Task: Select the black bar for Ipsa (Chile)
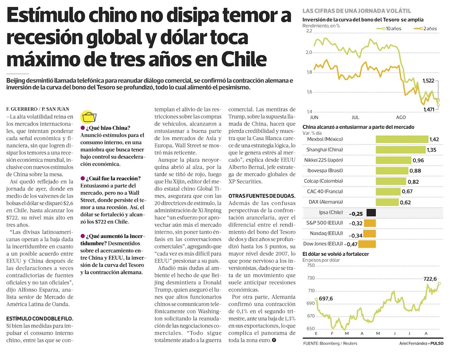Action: (371, 212)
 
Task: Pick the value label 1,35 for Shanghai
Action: (432, 150)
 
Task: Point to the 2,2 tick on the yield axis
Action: (308, 32)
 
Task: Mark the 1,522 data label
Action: (431, 81)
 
